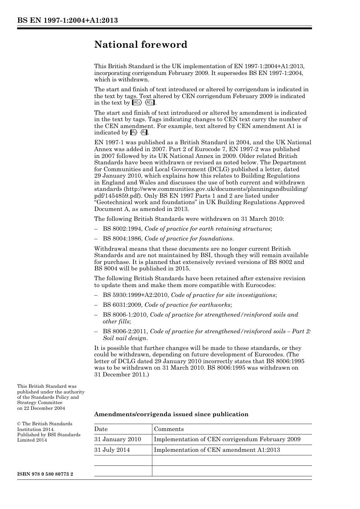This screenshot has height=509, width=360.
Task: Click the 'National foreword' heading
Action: (141, 45)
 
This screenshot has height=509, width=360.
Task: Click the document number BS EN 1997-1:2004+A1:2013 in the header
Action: (67, 20)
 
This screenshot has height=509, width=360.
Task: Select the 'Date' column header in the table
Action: (101, 429)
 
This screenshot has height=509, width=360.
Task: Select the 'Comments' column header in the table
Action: (169, 429)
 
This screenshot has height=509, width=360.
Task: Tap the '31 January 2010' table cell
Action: (117, 439)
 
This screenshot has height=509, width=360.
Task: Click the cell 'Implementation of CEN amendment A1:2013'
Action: (217, 450)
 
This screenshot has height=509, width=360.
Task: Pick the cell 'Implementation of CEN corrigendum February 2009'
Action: (227, 439)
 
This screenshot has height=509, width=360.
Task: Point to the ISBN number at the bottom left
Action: (45, 474)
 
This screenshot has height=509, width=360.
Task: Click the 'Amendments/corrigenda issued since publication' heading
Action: (171, 414)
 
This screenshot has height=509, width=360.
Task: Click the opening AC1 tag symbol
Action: (136, 103)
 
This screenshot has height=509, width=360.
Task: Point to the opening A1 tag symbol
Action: (133, 133)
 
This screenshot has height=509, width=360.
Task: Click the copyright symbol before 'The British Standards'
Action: (19, 424)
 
